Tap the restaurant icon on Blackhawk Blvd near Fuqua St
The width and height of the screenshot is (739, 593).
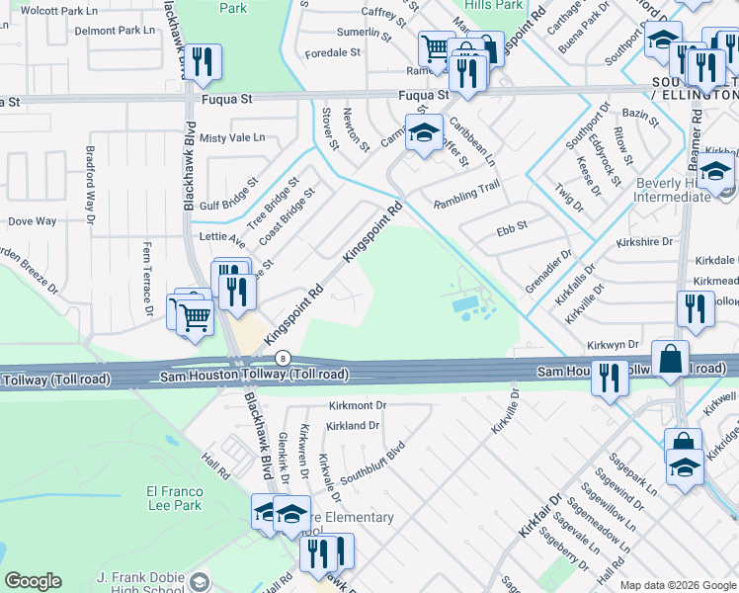[202, 61]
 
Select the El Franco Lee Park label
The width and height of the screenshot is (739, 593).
[174, 498]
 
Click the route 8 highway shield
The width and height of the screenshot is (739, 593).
[284, 358]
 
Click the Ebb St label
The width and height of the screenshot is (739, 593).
[512, 226]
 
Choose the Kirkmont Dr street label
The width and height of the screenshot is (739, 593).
[356, 406]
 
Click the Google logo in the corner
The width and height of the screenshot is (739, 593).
[33, 581]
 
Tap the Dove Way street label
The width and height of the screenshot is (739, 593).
[33, 221]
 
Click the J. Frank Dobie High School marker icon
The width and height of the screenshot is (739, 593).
[200, 580]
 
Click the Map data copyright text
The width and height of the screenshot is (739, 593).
[677, 584]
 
